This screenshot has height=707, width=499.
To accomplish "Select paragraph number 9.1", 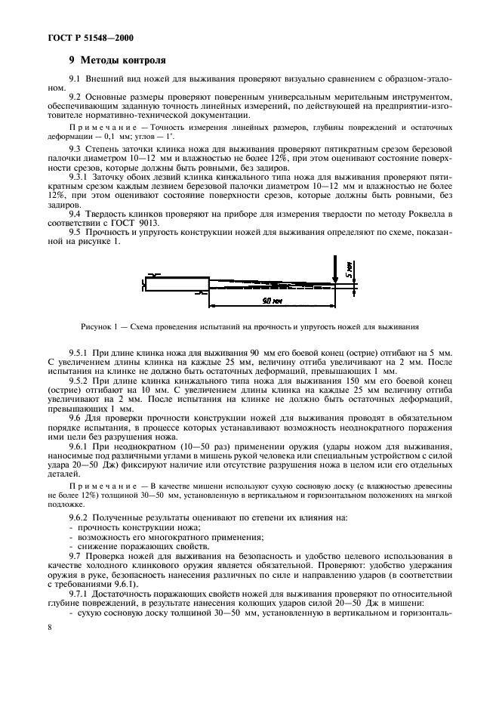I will (75, 79).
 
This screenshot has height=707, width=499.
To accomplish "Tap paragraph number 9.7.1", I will (79, 591).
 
